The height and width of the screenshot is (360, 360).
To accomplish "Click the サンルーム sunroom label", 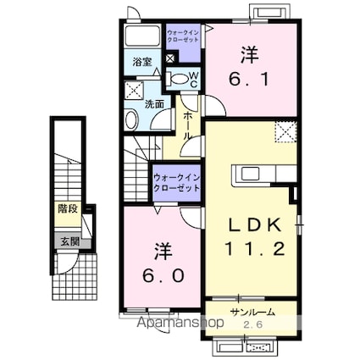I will pos(250,313).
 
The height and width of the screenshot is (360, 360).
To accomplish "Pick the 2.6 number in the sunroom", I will pos(252,324).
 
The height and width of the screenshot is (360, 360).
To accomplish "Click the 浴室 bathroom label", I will pos(141,62).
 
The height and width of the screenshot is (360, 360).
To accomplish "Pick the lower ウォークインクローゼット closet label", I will pos(176,181).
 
